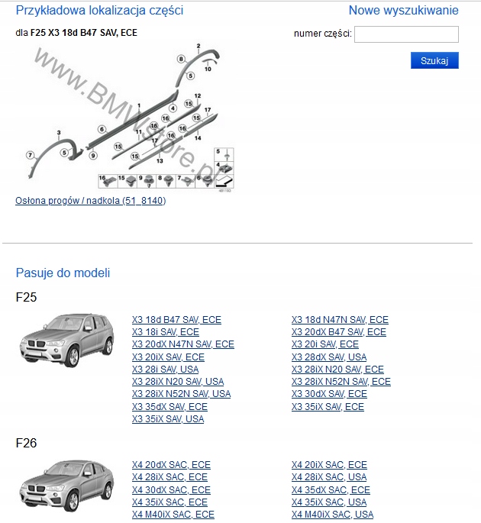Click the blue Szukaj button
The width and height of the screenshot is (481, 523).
tap(434, 60)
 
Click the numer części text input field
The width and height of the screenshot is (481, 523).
tap(406, 34)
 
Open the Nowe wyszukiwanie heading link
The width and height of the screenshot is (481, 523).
tap(403, 11)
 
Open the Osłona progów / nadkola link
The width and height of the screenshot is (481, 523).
tap(90, 201)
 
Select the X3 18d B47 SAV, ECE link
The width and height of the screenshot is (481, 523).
tap(176, 320)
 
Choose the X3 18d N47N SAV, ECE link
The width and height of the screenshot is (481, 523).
tap(340, 320)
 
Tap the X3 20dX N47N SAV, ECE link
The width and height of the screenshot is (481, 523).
tap(182, 344)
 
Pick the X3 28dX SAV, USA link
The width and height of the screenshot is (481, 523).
tap(328, 357)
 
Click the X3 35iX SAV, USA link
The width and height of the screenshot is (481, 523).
tap(168, 419)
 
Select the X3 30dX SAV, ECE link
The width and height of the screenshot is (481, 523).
tap(329, 394)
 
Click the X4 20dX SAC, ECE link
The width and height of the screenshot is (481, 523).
tap(171, 465)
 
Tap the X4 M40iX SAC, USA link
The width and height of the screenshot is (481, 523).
tap(332, 515)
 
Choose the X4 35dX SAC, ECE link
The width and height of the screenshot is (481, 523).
tap(331, 490)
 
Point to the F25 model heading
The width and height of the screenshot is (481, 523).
tap(26, 297)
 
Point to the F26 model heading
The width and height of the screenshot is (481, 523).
tap(26, 443)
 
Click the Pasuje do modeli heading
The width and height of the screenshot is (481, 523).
tap(63, 273)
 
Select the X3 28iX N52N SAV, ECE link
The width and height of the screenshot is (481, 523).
tap(341, 382)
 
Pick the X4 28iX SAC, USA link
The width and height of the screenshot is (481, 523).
tap(328, 477)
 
